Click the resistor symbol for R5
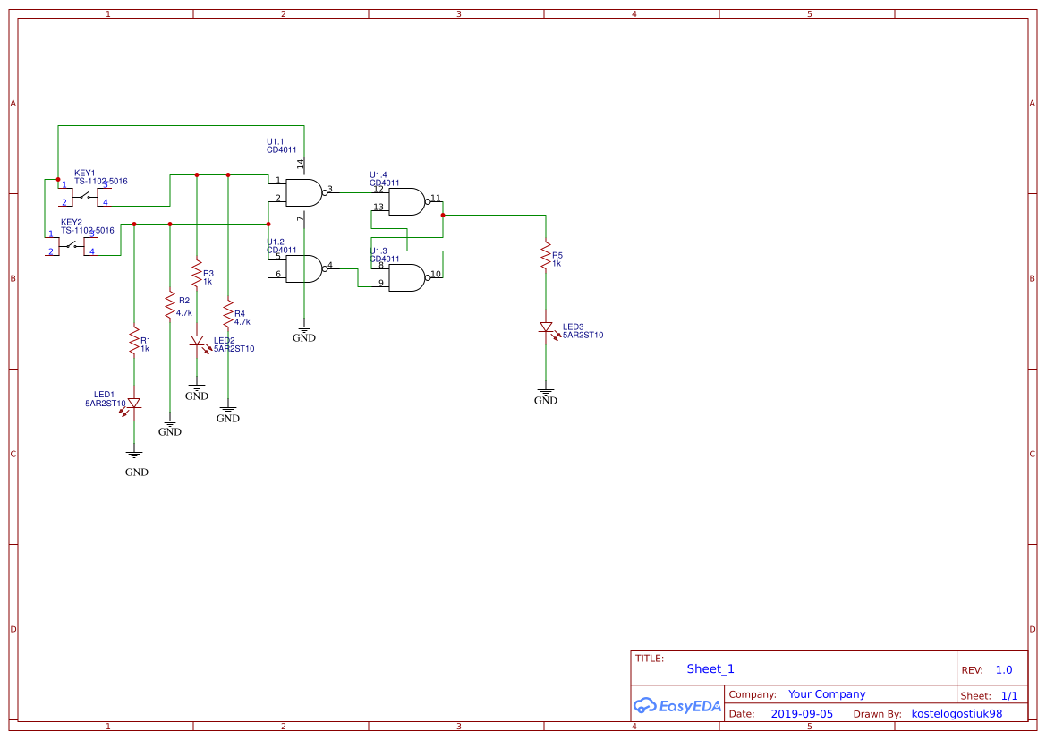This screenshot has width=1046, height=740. tap(545, 256)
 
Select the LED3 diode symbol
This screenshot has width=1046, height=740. tap(545, 327)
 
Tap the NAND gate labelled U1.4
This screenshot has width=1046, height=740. tap(408, 202)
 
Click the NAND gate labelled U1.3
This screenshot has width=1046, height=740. tap(408, 278)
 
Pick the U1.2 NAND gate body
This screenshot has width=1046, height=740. tap(304, 268)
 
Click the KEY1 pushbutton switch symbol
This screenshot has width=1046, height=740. tap(86, 194)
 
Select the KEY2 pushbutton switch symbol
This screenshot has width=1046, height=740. tap(72, 243)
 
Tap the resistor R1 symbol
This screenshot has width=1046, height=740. tap(134, 340)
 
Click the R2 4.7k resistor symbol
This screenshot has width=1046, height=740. tap(169, 305)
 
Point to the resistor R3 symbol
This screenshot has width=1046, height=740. tap(197, 269)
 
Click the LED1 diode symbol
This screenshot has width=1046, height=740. tap(134, 404)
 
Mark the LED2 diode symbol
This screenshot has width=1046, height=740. tap(197, 341)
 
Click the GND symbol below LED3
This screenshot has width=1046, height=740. tap(545, 394)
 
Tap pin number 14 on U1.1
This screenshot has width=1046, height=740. tap(301, 164)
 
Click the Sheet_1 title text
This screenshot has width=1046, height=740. tap(710, 668)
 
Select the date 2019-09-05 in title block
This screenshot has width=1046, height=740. tap(801, 714)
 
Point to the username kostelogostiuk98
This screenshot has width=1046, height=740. tap(956, 714)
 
